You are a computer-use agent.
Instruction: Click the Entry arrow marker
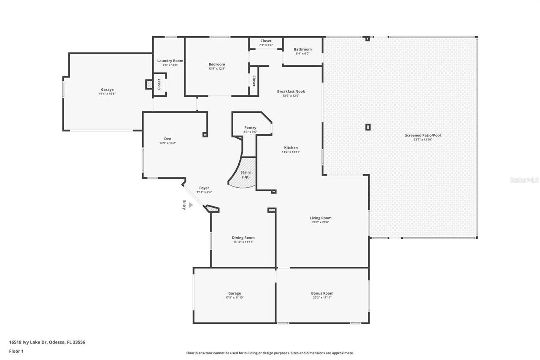point(190,205)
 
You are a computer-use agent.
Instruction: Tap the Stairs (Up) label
point(246,175)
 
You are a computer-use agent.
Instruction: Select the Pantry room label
point(250,128)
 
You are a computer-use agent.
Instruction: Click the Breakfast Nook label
point(291,92)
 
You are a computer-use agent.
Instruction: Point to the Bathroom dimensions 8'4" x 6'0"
point(302,54)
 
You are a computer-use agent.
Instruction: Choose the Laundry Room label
point(170,61)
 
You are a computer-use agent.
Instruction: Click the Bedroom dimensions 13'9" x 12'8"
point(216,68)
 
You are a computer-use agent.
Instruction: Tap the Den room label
point(167,139)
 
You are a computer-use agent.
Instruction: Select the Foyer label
point(204,188)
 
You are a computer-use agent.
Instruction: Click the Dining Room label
point(243,238)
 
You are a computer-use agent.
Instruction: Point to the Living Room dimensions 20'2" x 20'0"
point(321,222)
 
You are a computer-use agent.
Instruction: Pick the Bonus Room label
point(322,293)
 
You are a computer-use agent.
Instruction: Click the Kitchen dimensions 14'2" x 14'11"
point(291,152)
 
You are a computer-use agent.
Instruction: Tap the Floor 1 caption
point(16,351)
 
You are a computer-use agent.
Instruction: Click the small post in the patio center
point(368,127)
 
